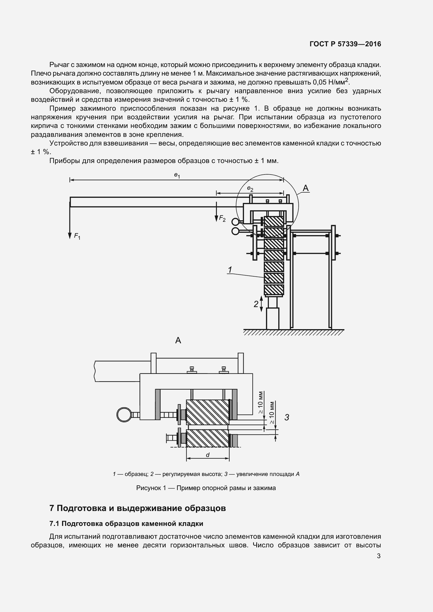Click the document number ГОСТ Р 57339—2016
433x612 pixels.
[345, 44]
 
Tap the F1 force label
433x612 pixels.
[77, 236]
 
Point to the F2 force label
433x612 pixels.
[222, 219]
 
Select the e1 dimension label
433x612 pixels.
[177, 175]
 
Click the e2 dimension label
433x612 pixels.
[250, 189]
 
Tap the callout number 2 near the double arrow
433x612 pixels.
[256, 304]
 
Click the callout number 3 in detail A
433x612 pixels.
[287, 417]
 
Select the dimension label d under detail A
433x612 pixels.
[208, 455]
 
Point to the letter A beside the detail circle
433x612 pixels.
[306, 188]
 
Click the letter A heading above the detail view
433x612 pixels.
[178, 340]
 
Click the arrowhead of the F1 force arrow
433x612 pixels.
[70, 236]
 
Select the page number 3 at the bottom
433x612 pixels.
[379, 556]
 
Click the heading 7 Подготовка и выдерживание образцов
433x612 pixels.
[138, 508]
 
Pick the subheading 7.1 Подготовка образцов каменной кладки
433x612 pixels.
[126, 524]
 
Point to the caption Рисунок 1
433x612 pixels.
[206, 488]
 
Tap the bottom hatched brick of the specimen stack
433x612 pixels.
[274, 289]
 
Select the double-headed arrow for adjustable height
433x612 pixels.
[261, 304]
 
